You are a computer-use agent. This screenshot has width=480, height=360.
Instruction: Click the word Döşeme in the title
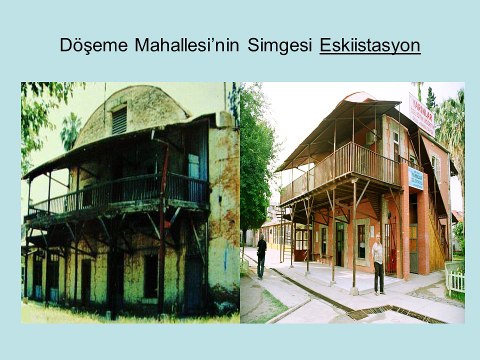[91, 47]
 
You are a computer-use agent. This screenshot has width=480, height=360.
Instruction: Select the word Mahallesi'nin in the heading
[184, 47]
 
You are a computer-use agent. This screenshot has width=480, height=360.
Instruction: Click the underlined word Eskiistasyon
[369, 47]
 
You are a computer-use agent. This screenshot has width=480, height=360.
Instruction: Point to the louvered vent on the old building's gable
[119, 121]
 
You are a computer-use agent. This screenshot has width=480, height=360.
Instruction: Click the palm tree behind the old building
[71, 129]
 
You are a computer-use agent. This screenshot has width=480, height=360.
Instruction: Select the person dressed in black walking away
[261, 256]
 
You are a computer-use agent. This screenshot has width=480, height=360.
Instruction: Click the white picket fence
[455, 280]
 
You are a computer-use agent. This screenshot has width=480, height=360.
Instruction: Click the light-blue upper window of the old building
[193, 165]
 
